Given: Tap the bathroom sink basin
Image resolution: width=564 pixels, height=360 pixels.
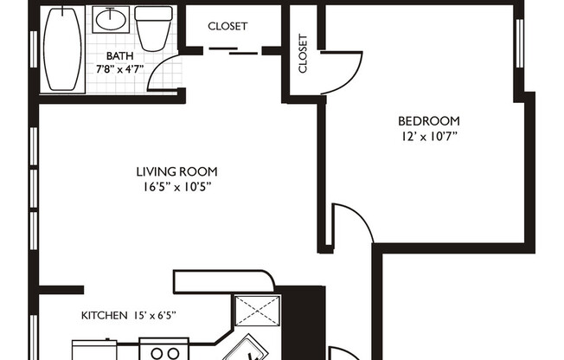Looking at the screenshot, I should (x=110, y=18).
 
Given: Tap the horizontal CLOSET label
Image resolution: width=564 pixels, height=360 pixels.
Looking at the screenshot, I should (x=228, y=26).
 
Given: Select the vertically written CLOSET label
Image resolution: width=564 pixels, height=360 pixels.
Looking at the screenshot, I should (x=303, y=54).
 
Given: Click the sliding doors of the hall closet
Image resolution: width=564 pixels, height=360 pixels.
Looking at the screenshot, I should (x=232, y=52).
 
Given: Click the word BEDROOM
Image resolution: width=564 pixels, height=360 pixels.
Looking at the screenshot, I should (x=428, y=120).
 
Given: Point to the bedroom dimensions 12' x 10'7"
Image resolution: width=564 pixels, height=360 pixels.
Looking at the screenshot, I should (x=427, y=135).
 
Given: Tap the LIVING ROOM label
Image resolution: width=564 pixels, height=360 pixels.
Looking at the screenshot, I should (x=176, y=171).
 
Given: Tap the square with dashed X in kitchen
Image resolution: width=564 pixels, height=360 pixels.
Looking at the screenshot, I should (x=259, y=310).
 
